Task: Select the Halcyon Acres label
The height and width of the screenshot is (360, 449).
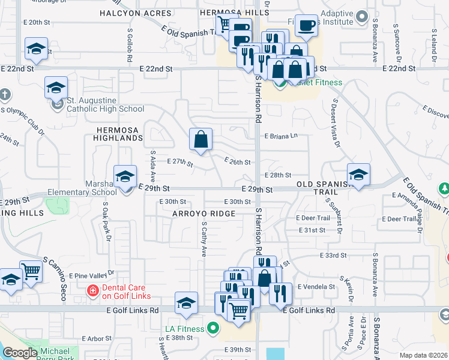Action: coord(133,13)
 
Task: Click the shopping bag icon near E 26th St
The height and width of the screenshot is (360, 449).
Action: coord(201,139)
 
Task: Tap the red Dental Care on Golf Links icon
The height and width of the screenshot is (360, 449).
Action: coord(92,291)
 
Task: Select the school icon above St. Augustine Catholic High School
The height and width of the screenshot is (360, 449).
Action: coord(56,88)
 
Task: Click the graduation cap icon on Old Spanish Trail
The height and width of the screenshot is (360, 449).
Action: coord(358,175)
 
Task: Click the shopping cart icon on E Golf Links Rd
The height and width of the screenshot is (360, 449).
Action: coord(239,311)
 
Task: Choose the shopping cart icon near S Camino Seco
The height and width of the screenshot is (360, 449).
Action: coord(30,271)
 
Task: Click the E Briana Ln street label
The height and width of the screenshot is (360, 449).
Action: coord(281,136)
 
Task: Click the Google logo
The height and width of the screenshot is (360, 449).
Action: coord(20,353)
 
